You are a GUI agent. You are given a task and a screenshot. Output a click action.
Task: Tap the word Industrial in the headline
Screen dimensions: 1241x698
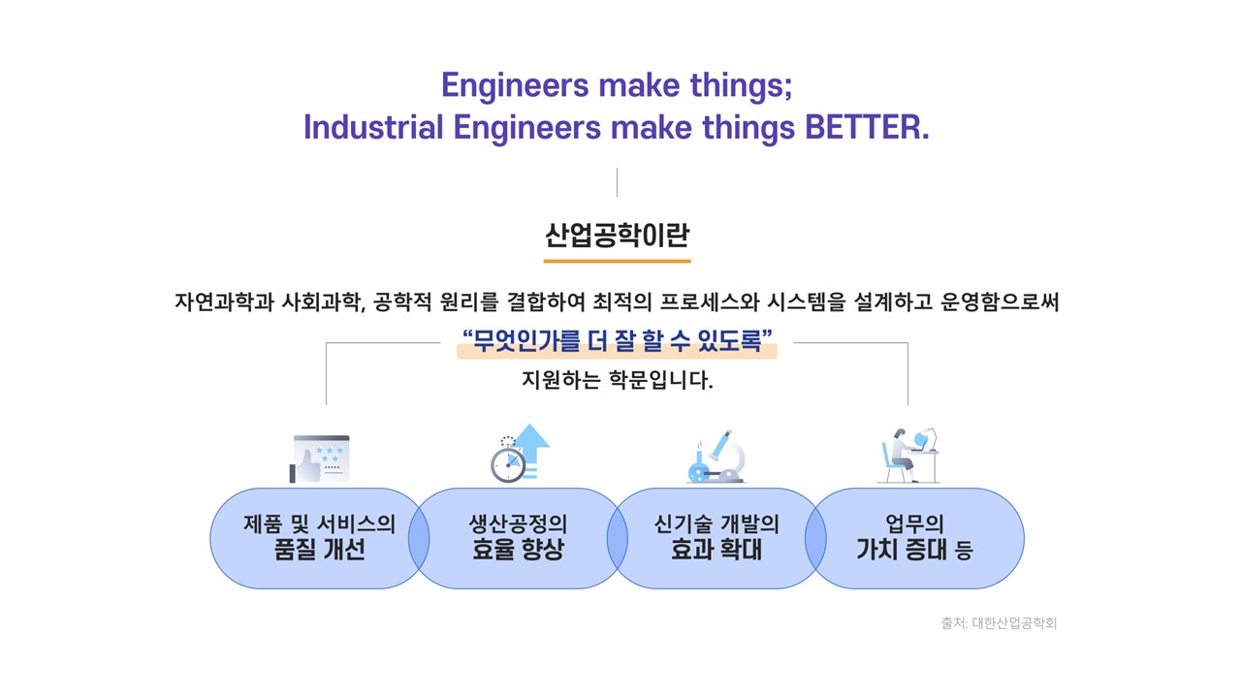(x=373, y=127)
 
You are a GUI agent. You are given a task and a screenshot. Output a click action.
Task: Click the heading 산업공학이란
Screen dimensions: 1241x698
(x=618, y=236)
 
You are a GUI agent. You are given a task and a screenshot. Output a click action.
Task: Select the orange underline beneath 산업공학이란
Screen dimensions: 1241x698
(x=618, y=261)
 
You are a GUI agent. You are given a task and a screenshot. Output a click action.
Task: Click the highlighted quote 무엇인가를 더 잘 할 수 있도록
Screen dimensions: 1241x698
(x=618, y=340)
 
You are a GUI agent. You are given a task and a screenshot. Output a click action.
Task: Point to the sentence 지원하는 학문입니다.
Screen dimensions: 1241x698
(x=618, y=381)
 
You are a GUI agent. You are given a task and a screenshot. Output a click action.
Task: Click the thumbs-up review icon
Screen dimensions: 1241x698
(x=320, y=459)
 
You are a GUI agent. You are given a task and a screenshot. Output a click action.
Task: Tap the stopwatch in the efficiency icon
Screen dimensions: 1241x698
(x=507, y=463)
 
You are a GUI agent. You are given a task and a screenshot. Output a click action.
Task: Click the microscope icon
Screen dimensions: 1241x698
(x=716, y=456)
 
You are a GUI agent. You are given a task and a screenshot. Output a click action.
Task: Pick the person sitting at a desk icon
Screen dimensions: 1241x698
(x=908, y=456)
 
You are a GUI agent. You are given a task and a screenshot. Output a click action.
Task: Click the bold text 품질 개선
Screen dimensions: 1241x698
(x=320, y=550)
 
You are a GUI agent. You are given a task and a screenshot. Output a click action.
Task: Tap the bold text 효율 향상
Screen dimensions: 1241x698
(x=518, y=550)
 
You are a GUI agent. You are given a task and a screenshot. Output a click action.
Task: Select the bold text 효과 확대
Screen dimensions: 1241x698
(x=716, y=550)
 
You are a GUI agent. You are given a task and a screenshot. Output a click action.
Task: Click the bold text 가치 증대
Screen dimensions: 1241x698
(x=902, y=550)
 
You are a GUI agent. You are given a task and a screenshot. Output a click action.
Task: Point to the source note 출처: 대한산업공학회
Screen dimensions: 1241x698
(x=999, y=623)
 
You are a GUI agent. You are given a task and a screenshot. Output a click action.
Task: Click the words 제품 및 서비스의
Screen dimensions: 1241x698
(x=320, y=524)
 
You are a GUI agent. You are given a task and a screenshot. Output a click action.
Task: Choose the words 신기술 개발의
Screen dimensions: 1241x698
(x=716, y=524)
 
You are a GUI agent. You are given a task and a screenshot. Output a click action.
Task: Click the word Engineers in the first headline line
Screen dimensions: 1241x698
(x=515, y=85)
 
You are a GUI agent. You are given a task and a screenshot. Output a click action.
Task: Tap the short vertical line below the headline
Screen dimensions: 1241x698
(x=617, y=182)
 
